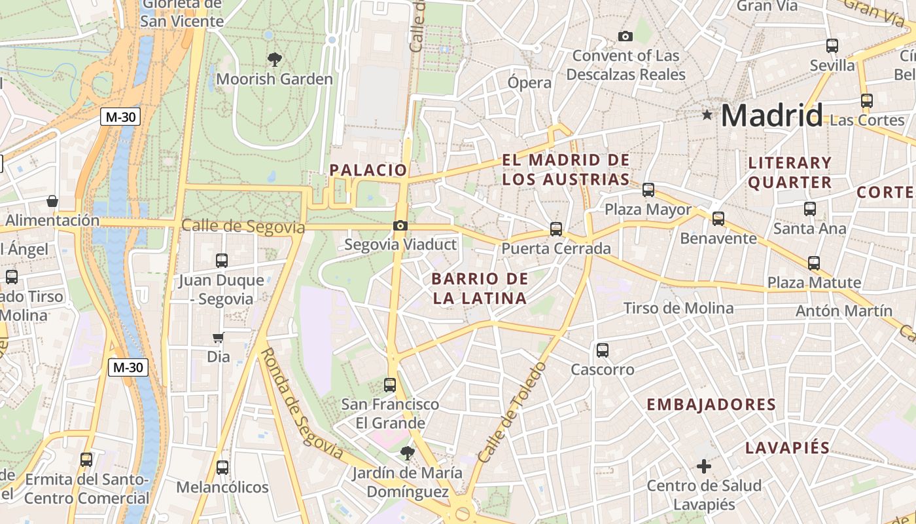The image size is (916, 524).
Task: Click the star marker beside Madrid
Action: pyautogui.click(x=707, y=115)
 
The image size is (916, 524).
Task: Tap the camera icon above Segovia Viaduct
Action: pyautogui.click(x=400, y=226)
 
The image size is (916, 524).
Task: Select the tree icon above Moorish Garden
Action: pyautogui.click(x=275, y=60)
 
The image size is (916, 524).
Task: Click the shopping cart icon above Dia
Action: pyautogui.click(x=219, y=337)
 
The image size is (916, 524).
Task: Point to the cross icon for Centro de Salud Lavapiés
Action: pyautogui.click(x=704, y=466)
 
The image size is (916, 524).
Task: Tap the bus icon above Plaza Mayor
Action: pyautogui.click(x=648, y=190)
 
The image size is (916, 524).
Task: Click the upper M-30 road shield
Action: pyautogui.click(x=122, y=117)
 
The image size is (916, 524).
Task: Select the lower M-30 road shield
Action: pyautogui.click(x=128, y=367)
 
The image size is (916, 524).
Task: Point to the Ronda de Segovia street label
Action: pyautogui.click(x=302, y=403)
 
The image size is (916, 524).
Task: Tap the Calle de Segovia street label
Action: pyautogui.click(x=243, y=227)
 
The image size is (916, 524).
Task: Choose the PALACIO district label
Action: pyautogui.click(x=368, y=170)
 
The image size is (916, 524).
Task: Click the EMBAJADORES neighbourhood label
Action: pyautogui.click(x=711, y=405)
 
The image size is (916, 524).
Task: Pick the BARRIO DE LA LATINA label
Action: pyautogui.click(x=480, y=288)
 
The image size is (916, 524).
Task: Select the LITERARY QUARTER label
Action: pyautogui.click(x=790, y=172)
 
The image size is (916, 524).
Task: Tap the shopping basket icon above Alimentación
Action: pyautogui.click(x=52, y=200)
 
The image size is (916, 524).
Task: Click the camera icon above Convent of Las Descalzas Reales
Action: pyautogui.click(x=625, y=36)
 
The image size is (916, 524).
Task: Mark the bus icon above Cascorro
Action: pyautogui.click(x=603, y=350)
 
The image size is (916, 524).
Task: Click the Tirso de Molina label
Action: pyautogui.click(x=678, y=308)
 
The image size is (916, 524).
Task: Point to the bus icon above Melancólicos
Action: pyautogui.click(x=222, y=468)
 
